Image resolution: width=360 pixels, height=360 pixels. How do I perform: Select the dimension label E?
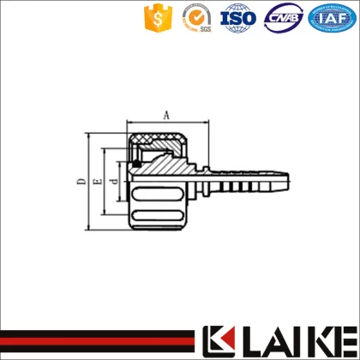98,181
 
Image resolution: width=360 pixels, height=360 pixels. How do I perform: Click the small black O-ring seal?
136,164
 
